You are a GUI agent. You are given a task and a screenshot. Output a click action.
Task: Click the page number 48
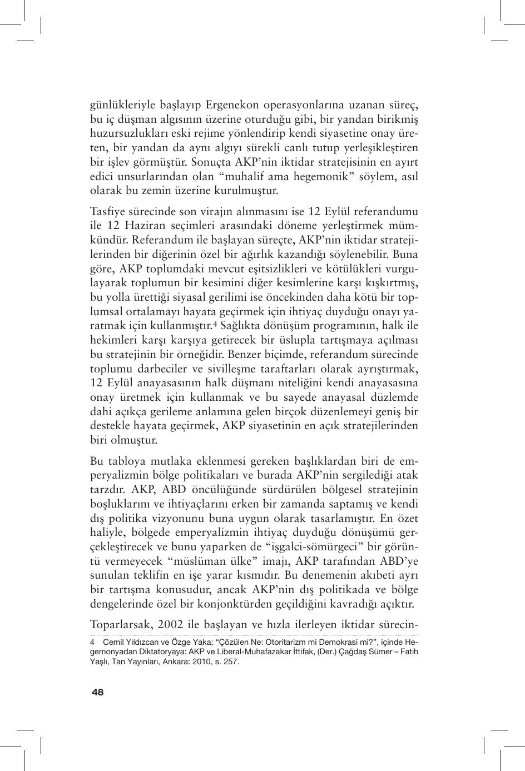pos(97,692)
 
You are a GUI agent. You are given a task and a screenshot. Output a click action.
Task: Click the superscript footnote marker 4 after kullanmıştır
pos(215,323)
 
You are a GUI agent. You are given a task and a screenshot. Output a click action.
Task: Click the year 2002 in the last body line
pos(171,624)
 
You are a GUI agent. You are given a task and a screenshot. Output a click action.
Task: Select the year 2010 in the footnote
pos(193,662)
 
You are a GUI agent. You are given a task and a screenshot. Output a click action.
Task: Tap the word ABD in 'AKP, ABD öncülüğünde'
pos(175,490)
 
